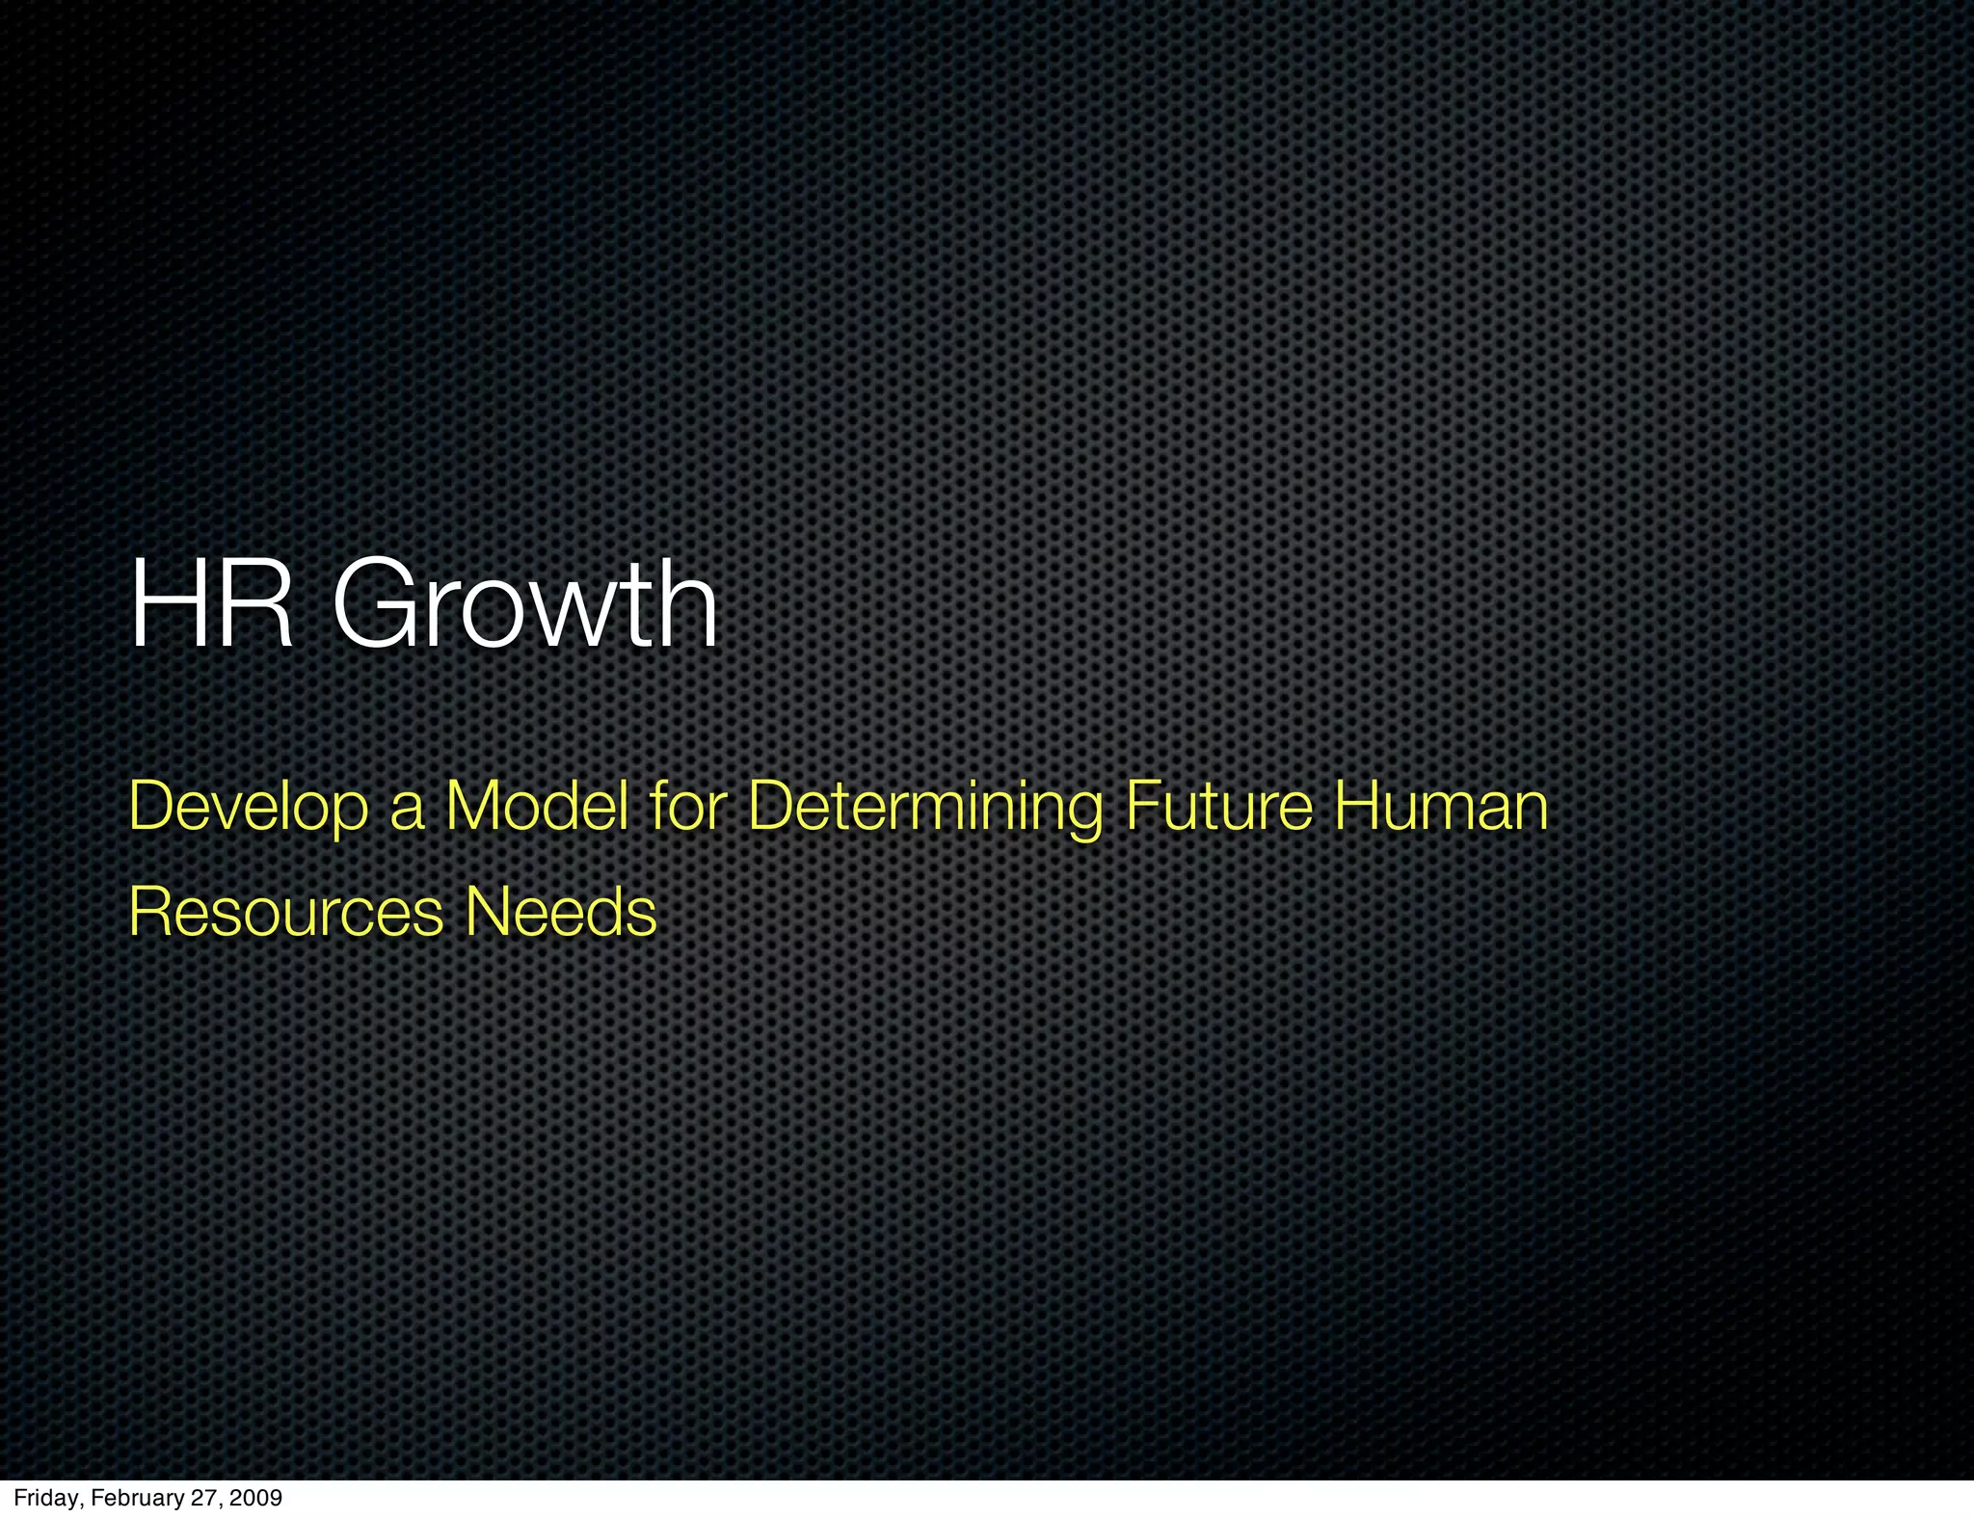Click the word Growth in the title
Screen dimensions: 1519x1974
[525, 605]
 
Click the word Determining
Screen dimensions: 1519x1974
[925, 808]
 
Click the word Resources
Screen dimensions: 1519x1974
[285, 912]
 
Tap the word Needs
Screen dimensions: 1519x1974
[560, 912]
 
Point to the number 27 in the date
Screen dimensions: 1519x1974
[207, 1498]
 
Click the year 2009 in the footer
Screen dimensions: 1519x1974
[257, 1498]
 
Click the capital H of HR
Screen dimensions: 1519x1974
[164, 605]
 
